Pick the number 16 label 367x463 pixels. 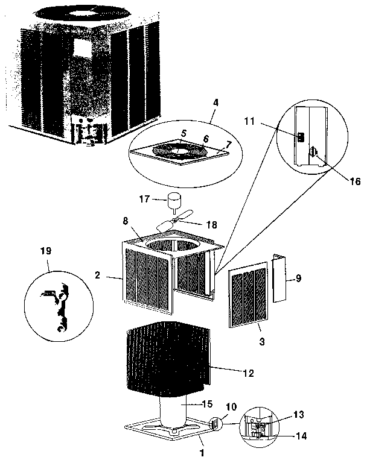click(x=354, y=181)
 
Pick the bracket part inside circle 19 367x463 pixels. click(x=59, y=308)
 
